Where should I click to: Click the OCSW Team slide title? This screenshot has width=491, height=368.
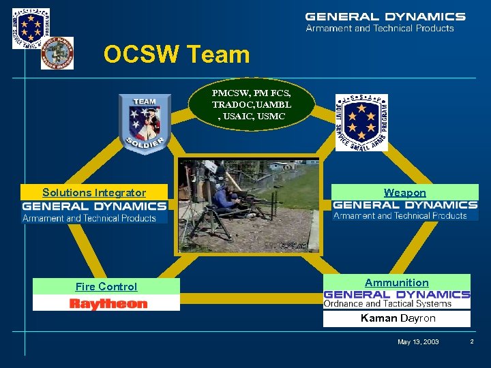(177, 55)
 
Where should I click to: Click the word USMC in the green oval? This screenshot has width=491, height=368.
(273, 117)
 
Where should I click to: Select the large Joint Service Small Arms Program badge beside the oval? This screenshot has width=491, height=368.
(361, 122)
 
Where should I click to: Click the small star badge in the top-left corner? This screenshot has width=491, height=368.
(31, 28)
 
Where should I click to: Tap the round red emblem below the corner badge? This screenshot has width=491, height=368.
(57, 53)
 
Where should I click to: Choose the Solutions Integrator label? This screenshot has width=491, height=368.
(94, 193)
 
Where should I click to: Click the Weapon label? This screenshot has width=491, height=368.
(404, 193)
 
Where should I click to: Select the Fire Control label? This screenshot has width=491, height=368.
(106, 287)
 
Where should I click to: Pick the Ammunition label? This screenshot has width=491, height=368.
(396, 283)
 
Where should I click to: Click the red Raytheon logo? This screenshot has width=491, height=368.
(108, 304)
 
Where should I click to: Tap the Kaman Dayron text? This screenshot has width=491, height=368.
(398, 318)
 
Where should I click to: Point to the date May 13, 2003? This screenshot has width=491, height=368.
(418, 341)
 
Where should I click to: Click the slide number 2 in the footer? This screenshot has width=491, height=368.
(471, 341)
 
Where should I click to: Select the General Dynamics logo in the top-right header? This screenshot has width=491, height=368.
(385, 21)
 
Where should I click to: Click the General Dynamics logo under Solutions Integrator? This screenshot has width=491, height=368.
(94, 211)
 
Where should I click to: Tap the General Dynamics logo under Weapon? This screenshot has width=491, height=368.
(405, 209)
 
